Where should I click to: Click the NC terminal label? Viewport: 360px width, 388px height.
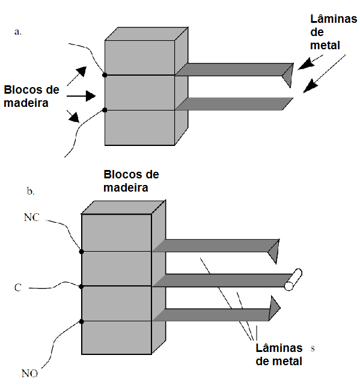coord(31,217)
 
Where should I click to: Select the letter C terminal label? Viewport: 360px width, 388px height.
coord(18,288)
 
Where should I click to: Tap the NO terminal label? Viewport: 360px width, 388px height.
coord(29,374)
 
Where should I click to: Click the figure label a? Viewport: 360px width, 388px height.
coord(18,32)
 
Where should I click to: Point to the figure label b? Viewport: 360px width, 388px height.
coord(31,191)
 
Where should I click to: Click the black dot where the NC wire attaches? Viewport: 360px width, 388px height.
coord(81,252)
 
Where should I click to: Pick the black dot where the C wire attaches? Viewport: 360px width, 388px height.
coord(81,286)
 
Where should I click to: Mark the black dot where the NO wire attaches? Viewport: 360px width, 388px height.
coord(81,321)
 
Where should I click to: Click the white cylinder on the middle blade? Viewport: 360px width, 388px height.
coord(293,280)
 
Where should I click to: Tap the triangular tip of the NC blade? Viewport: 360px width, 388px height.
coord(274,251)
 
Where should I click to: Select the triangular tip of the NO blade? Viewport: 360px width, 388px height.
coord(274,308)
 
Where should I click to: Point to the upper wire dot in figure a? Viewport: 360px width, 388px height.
coord(105,74)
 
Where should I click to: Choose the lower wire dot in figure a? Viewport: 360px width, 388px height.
coord(105,110)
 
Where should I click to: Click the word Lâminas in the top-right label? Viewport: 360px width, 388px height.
coord(334,19)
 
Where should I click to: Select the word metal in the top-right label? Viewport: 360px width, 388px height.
coord(325,45)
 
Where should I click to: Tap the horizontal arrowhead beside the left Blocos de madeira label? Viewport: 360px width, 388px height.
coord(91,95)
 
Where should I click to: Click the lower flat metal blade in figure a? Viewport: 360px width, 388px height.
coord(234,104)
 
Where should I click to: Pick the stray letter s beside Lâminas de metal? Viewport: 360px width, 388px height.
coord(313,348)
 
